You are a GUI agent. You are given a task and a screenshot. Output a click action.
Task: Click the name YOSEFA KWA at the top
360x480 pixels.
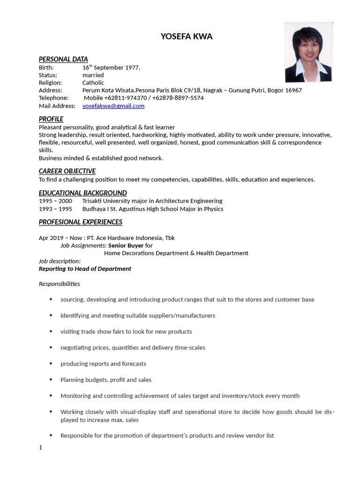click(x=186, y=37)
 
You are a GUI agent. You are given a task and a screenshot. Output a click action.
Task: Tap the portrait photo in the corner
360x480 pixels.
click(x=308, y=52)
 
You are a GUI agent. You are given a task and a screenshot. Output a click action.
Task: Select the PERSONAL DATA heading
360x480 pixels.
click(x=63, y=59)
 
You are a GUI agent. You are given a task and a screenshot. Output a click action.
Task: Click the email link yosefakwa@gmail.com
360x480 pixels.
click(x=113, y=106)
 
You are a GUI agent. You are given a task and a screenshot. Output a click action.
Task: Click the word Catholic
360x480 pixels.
click(x=93, y=82)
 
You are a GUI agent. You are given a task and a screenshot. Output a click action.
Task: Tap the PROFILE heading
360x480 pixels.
click(x=51, y=119)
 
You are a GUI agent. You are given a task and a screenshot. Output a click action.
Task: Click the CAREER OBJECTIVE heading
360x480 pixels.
click(x=67, y=171)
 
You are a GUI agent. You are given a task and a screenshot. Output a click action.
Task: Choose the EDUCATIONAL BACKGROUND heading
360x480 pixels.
click(x=82, y=193)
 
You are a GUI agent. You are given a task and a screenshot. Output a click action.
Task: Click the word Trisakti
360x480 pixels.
click(x=94, y=201)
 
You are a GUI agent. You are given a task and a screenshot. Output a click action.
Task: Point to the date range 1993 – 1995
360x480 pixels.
click(x=55, y=209)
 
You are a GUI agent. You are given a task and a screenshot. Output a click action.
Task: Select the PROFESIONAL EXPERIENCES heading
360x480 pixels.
click(x=80, y=222)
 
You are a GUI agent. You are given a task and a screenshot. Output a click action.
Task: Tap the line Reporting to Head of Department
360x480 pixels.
click(x=85, y=269)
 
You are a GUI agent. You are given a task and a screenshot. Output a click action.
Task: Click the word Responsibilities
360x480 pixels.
click(x=59, y=284)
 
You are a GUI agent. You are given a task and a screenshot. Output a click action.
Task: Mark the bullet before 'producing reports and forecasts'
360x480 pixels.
click(x=51, y=364)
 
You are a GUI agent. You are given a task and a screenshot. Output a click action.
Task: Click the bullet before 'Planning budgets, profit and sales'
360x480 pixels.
click(x=51, y=380)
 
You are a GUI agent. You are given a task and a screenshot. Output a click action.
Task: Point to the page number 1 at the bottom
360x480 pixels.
click(x=41, y=448)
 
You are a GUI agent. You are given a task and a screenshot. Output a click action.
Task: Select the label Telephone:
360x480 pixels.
click(x=53, y=98)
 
